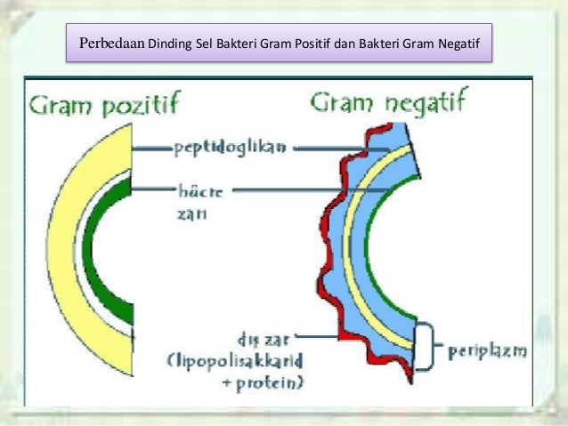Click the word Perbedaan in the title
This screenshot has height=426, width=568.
coord(112,42)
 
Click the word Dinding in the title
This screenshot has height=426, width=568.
coord(169,43)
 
